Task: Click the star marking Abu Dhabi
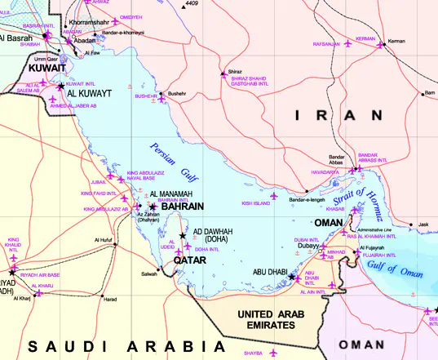point(293,278)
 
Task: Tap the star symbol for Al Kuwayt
point(61,85)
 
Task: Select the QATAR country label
point(189,260)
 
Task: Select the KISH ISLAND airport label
point(256,202)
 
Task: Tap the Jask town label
point(423,224)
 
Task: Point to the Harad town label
point(109,299)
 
